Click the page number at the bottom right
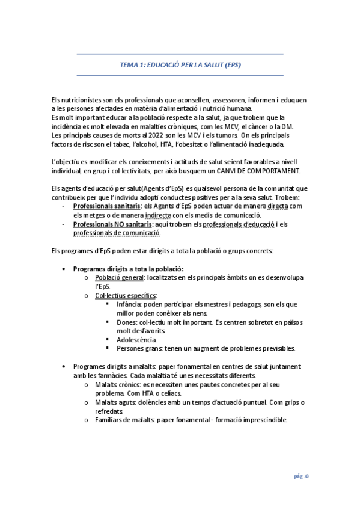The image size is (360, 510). coord(301,475)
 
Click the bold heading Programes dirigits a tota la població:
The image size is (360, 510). coord(128,268)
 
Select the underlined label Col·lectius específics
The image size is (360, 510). coord(125,295)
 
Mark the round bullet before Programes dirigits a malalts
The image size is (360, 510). coord(64,366)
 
